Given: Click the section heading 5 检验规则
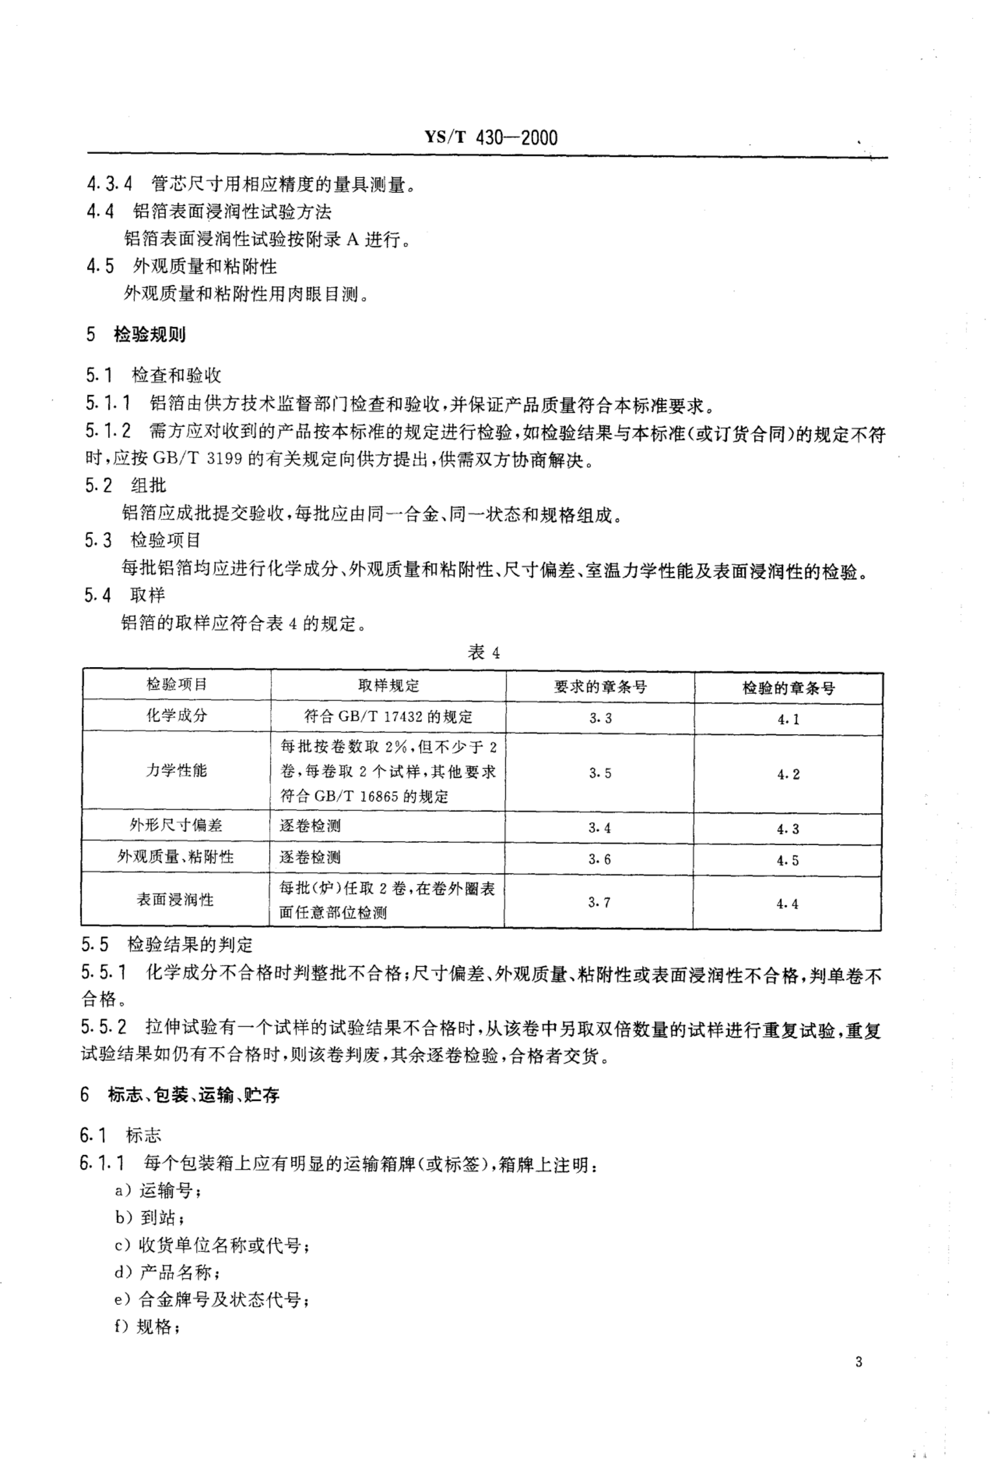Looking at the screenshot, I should [136, 335].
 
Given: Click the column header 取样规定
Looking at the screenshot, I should [389, 686].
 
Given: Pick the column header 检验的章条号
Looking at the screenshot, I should [788, 688].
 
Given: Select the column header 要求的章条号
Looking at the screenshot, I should [600, 687].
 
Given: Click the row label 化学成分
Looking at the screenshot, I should [176, 716].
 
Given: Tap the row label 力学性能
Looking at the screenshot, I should [176, 770].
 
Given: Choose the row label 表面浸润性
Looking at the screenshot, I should [176, 900].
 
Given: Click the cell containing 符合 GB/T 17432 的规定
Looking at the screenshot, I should [389, 717].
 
